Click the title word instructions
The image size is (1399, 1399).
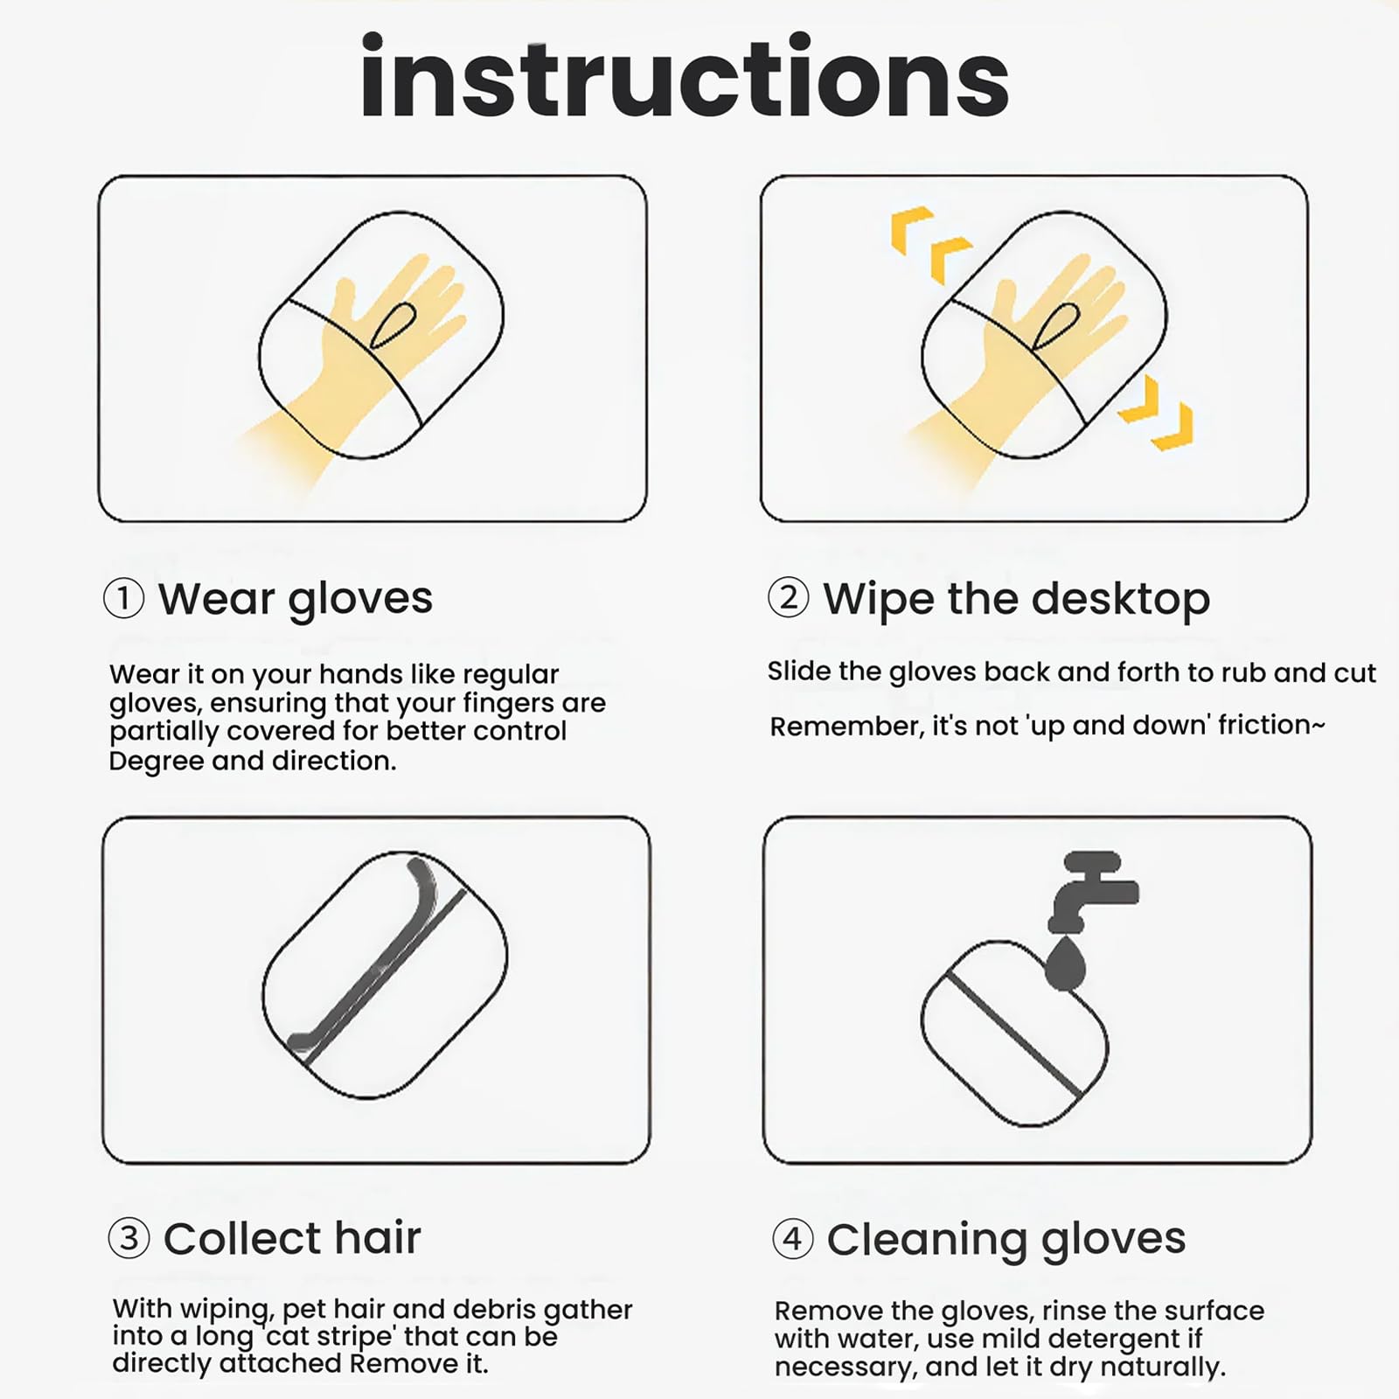[x=685, y=76]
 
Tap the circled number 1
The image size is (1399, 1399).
[x=123, y=599]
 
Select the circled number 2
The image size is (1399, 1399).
[x=788, y=598]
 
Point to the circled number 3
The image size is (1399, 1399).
[x=129, y=1238]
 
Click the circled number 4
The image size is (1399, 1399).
[x=793, y=1238]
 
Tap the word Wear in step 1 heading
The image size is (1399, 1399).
[x=216, y=599]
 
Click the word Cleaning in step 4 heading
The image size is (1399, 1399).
[x=926, y=1241]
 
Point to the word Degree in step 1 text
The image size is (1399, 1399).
[x=156, y=762]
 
